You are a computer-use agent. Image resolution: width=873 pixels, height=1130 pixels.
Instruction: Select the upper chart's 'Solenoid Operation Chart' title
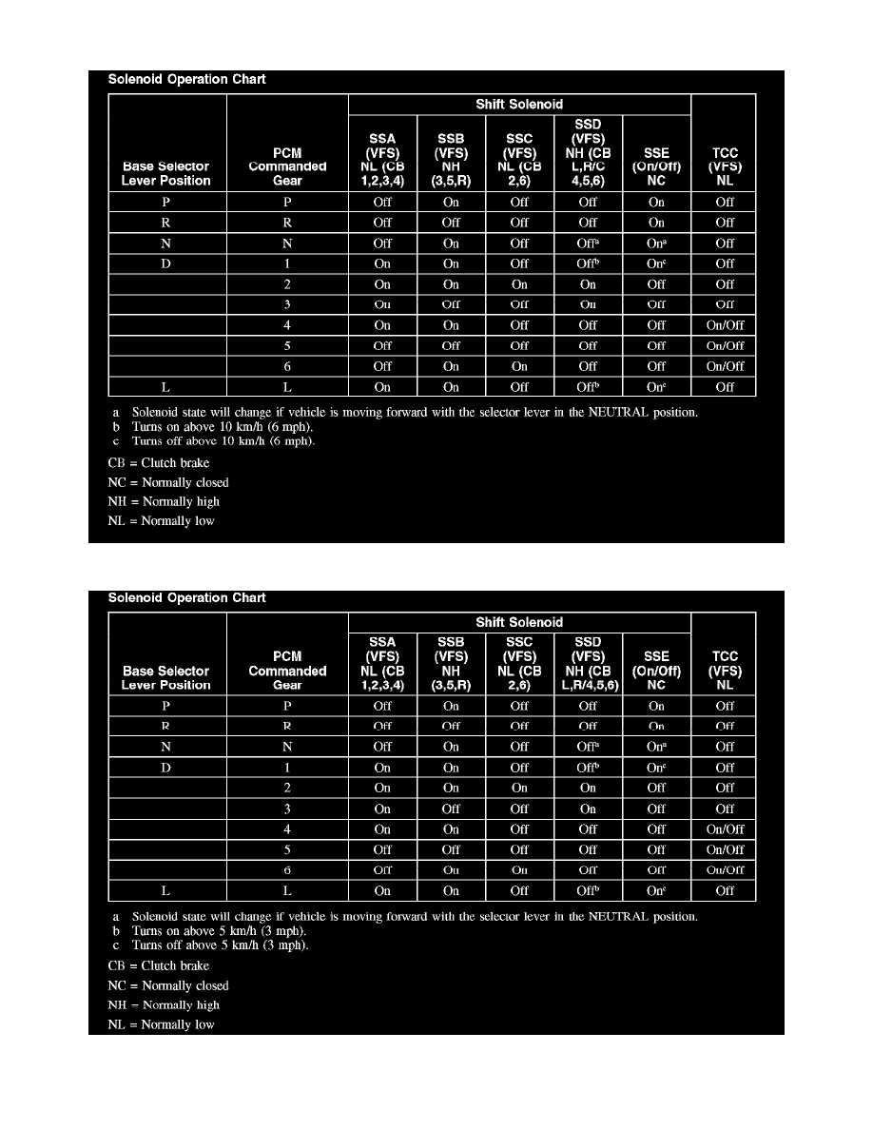tap(187, 80)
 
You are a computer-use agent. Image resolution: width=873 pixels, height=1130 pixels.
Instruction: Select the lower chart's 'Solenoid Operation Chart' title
tap(187, 598)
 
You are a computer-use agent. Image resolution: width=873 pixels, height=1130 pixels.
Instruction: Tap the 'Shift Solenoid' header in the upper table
tap(519, 105)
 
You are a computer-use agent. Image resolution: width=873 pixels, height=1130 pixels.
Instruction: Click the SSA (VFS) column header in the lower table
tap(382, 663)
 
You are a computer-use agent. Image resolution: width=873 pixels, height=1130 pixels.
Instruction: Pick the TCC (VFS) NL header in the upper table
tap(725, 166)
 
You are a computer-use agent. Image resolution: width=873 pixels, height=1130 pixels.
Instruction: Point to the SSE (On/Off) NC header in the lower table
tap(656, 670)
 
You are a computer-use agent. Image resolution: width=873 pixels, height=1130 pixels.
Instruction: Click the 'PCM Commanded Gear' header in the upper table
tap(287, 166)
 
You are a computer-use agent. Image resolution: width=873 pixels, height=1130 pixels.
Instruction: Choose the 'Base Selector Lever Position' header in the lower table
tap(166, 677)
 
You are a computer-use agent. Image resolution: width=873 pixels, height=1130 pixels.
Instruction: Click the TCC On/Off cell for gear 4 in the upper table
tap(725, 325)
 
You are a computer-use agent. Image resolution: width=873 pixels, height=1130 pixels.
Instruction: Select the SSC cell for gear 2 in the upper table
tap(519, 284)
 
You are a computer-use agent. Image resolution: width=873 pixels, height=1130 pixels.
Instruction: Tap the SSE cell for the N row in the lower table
tap(656, 747)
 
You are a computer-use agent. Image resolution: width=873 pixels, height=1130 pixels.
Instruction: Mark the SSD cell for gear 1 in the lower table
tap(588, 768)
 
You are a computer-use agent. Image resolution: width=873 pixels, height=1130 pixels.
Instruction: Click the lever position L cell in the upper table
tap(166, 387)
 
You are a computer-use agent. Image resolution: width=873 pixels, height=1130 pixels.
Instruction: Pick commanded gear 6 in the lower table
tap(287, 870)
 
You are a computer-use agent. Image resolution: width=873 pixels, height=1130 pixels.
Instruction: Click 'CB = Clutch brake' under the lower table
tap(159, 965)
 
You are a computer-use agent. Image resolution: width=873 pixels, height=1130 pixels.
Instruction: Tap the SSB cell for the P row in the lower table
tap(451, 706)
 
